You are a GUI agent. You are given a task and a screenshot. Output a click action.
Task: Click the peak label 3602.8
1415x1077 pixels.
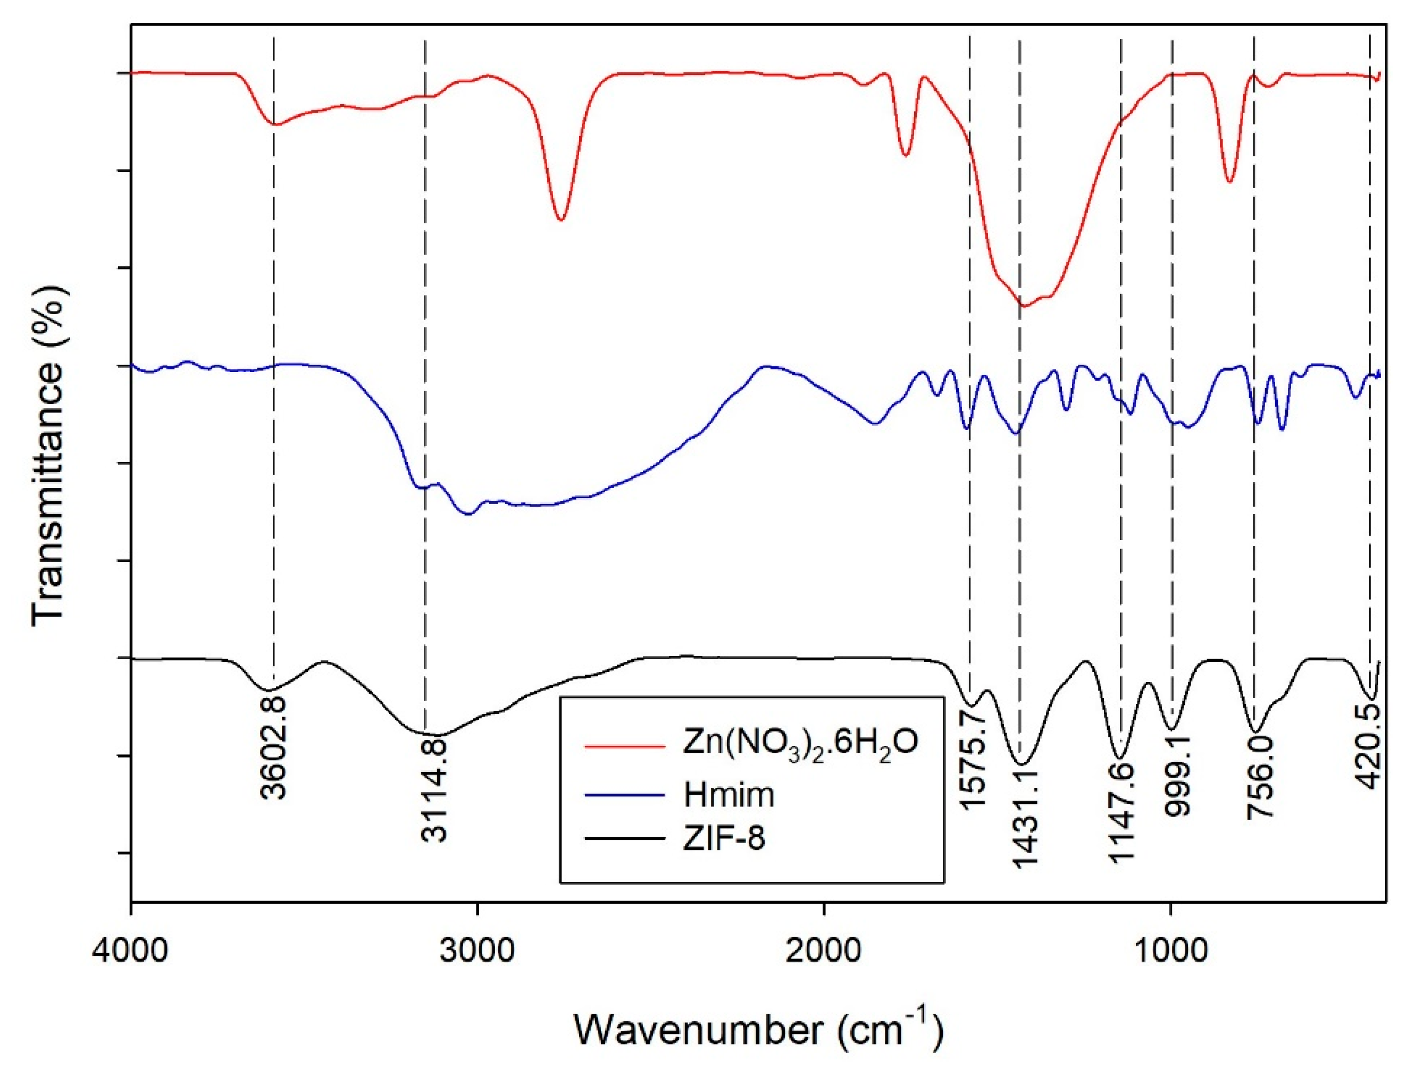point(274,746)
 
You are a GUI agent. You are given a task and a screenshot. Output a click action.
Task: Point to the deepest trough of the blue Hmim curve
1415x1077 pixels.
point(468,514)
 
